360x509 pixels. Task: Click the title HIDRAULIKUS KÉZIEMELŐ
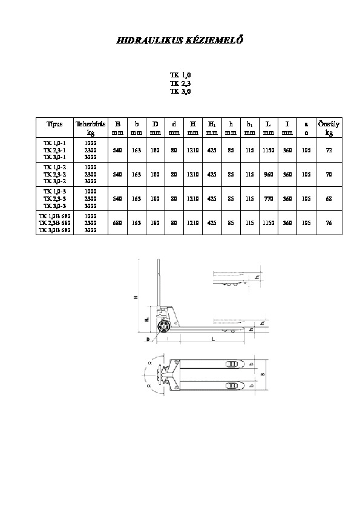[179, 41]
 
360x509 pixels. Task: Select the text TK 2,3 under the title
[180, 83]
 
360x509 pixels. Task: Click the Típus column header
[54, 125]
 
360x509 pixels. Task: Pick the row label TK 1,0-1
[54, 143]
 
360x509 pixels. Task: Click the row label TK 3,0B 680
[54, 230]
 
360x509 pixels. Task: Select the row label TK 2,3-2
[54, 174]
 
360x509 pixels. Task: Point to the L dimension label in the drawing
[212, 340]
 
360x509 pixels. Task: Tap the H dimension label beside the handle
[136, 297]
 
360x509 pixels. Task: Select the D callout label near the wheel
[147, 340]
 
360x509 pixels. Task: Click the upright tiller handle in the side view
[159, 284]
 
